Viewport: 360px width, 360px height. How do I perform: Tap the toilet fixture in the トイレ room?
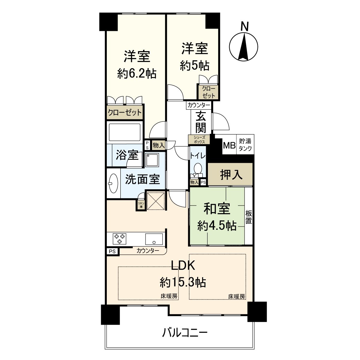pos(198,168)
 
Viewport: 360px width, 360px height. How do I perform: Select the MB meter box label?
pos(229,146)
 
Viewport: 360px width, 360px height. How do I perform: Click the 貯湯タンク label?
pos(245,145)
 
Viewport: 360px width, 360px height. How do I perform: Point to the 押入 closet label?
pos(231,175)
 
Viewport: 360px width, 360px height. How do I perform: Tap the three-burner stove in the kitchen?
pos(119,238)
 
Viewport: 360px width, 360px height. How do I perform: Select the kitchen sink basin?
pos(154,239)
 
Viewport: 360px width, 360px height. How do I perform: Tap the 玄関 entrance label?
pos(201,122)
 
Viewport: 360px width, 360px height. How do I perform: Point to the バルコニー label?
pos(185,333)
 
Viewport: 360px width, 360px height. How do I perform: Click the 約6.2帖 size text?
pos(137,73)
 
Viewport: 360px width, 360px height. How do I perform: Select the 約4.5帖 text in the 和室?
pos(217,226)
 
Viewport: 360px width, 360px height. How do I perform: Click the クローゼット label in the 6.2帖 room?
pos(124,113)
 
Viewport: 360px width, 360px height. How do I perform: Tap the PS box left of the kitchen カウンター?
pos(112,251)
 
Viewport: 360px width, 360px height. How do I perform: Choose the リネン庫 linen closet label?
pos(140,205)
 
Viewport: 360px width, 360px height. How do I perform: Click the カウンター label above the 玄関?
pos(198,105)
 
